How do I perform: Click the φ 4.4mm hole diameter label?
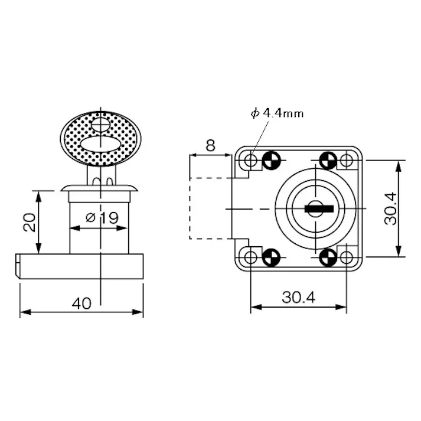[x=277, y=113]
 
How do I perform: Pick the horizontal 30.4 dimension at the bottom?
[x=298, y=298]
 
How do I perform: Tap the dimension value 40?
[x=81, y=303]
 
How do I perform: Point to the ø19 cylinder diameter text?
[x=102, y=217]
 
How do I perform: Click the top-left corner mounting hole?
[x=251, y=160]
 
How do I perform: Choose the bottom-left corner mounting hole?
[x=251, y=257]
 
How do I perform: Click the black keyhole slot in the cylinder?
[x=319, y=208]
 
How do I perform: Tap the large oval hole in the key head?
[x=100, y=143]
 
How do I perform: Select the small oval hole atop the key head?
[x=100, y=125]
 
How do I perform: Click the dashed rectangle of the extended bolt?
[x=209, y=208]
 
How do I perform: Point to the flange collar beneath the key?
[x=100, y=188]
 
